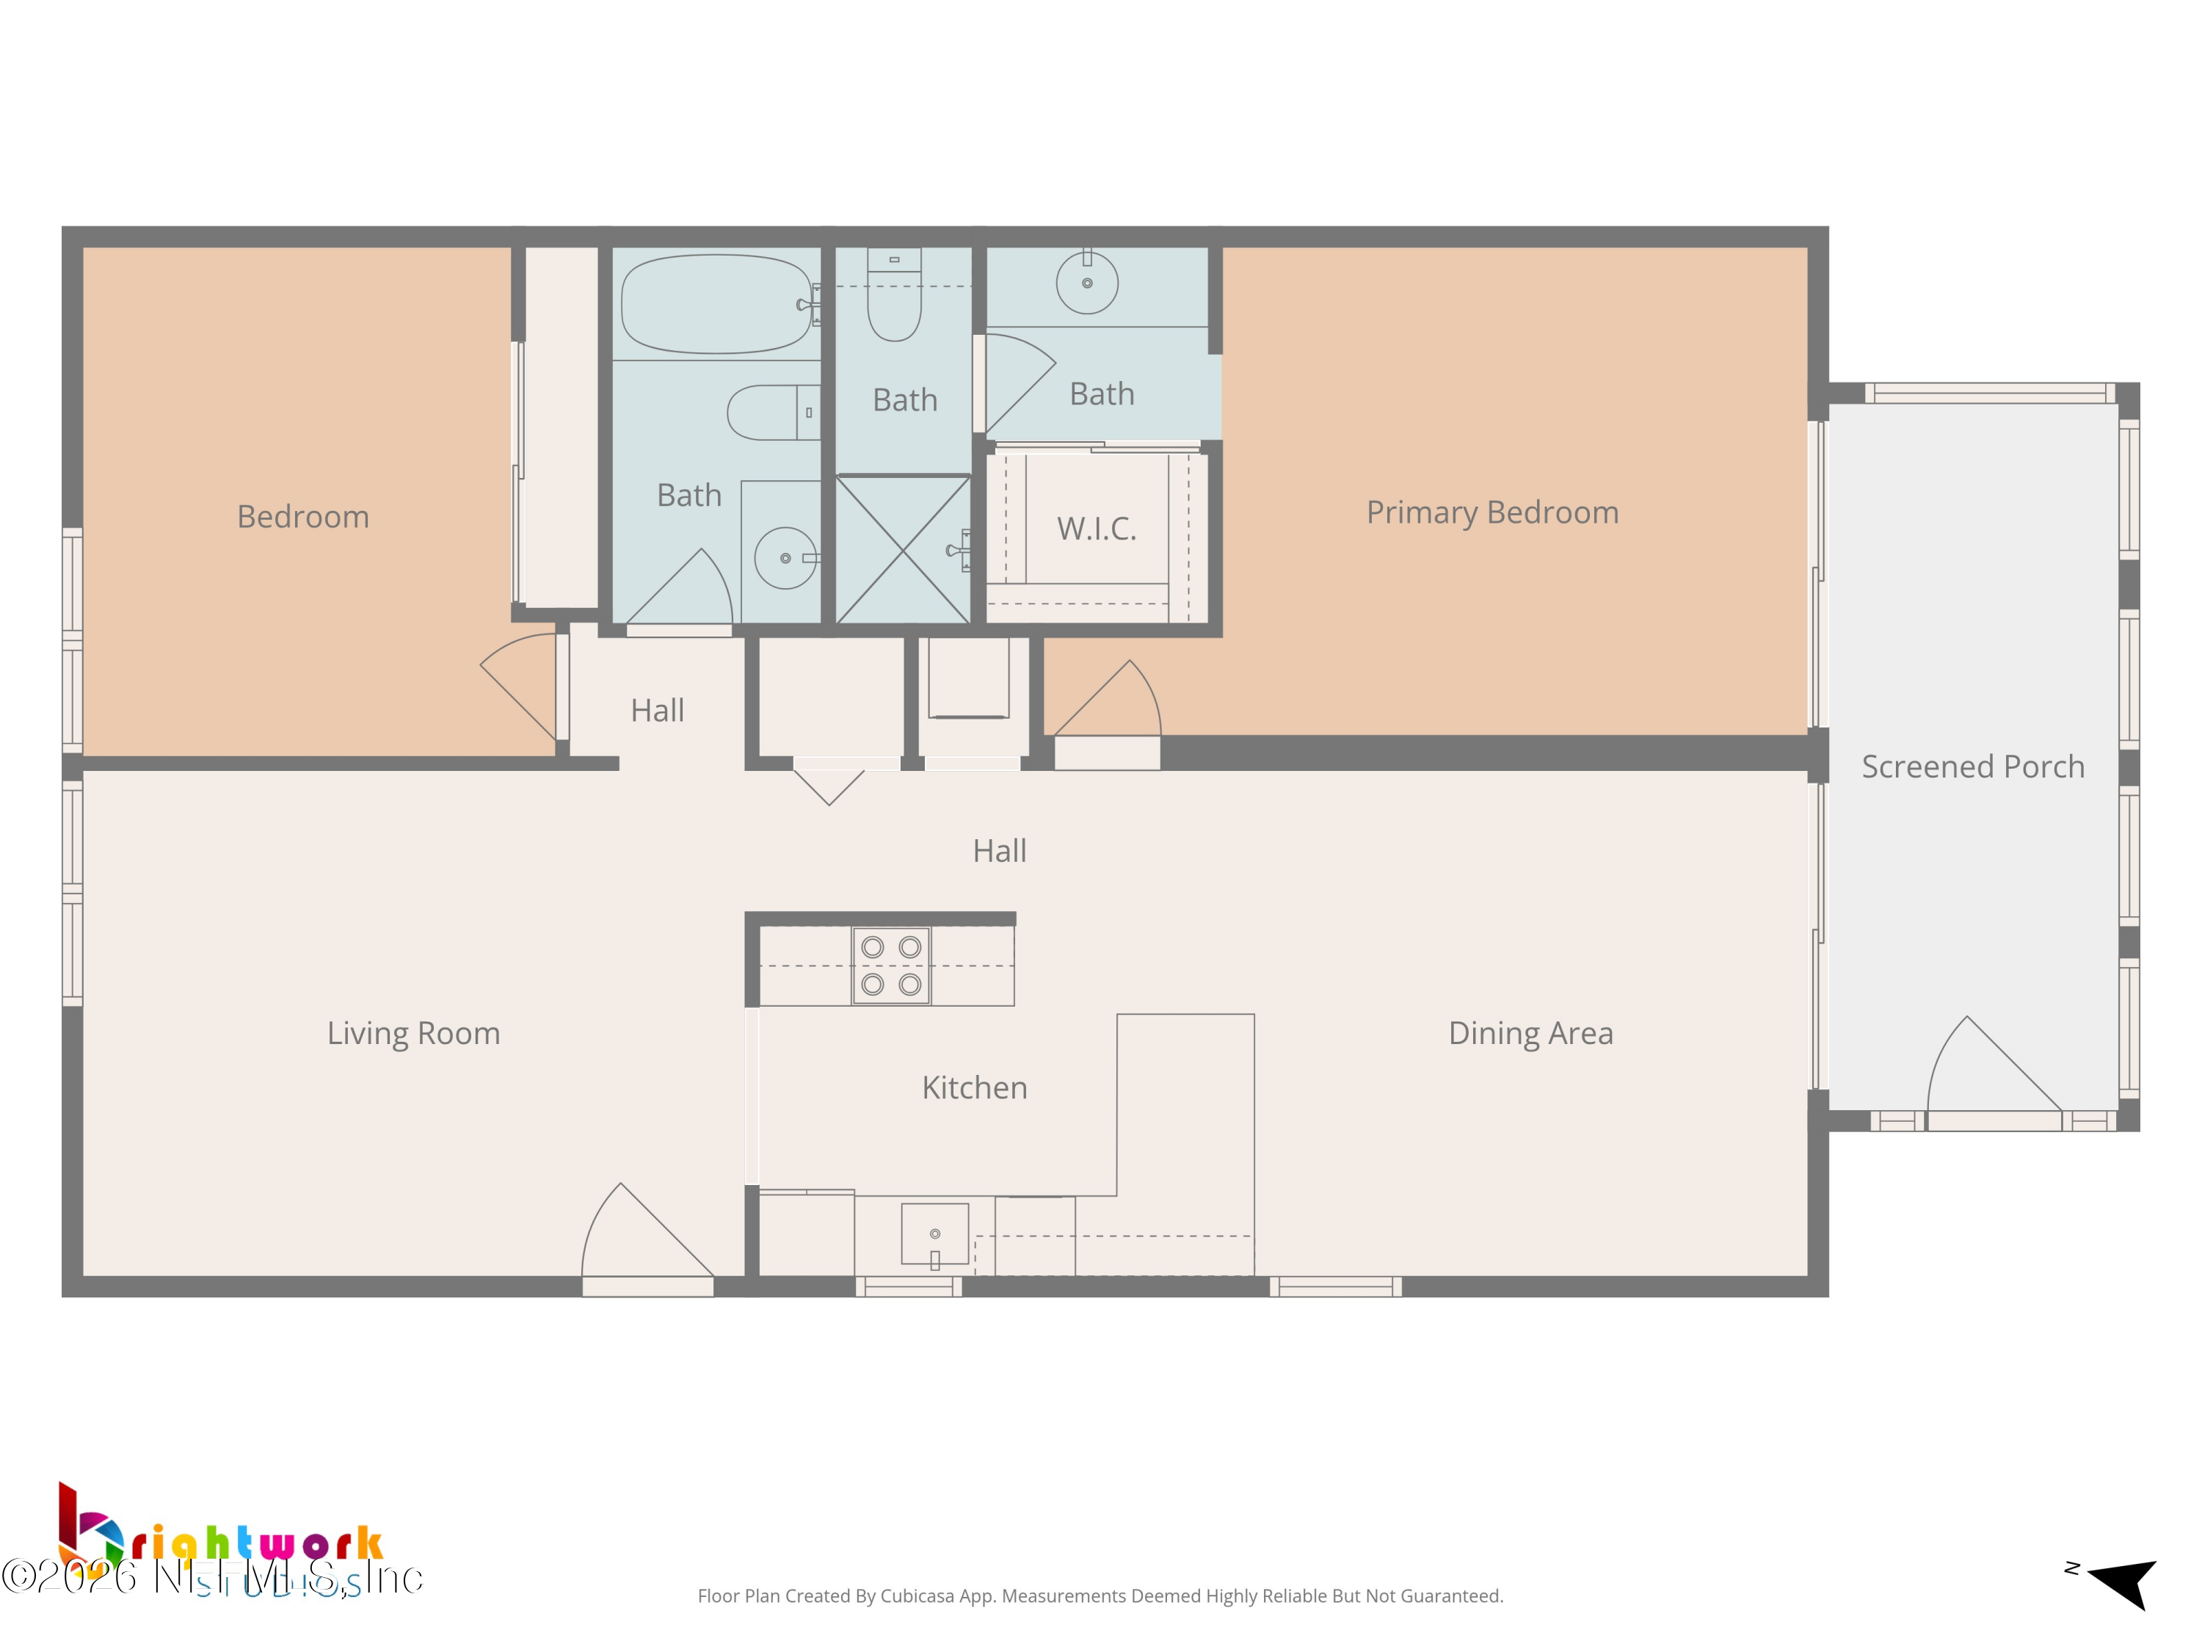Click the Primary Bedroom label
coord(1491,512)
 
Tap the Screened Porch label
coord(1972,767)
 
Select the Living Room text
coord(413,1034)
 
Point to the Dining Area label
coord(1530,1034)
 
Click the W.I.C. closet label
coord(1096,529)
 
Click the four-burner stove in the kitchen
coord(891,966)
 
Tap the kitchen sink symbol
coord(935,1235)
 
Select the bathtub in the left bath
coord(716,304)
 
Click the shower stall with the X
coord(902,550)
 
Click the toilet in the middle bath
coord(894,299)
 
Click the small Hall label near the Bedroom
coord(657,711)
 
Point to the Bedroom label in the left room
coord(302,517)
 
